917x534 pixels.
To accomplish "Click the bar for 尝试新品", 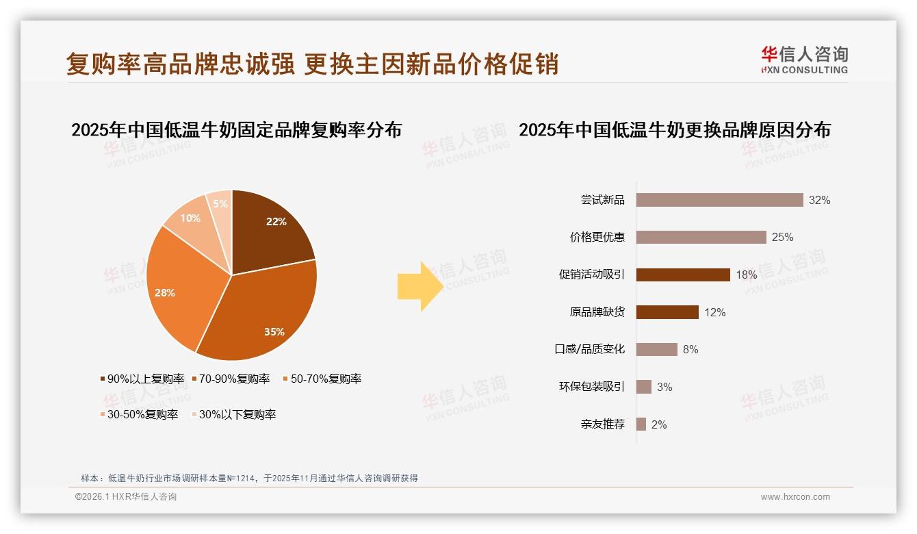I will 719,200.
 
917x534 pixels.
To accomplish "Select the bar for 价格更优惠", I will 701,237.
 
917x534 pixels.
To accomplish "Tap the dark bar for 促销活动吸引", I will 683,275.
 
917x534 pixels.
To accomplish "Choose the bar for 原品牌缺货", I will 667,312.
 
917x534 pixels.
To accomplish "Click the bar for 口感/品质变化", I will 656,349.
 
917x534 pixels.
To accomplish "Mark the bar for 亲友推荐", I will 641,424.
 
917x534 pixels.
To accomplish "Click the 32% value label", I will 819,200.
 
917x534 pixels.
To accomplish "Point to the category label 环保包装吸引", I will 591,387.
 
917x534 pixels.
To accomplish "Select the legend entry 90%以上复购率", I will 142,379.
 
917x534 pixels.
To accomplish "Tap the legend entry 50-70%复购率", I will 322,379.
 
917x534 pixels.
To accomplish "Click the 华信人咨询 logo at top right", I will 804,59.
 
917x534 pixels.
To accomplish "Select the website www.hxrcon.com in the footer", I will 795,497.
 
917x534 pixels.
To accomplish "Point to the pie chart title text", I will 236,129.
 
